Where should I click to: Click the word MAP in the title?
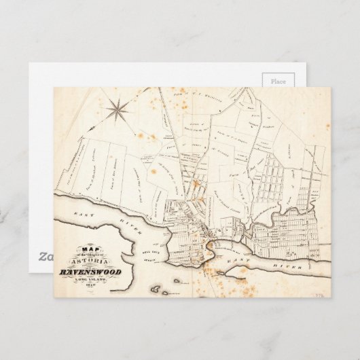88,248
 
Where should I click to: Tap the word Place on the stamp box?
278,81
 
